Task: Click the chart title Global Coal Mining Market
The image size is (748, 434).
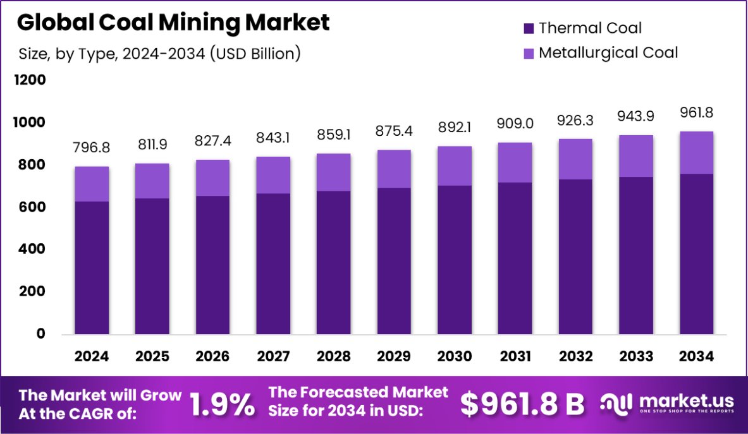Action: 173,23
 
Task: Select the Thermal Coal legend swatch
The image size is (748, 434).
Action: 529,28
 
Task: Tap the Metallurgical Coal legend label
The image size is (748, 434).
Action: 608,52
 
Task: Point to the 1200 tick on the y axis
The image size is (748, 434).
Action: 32,80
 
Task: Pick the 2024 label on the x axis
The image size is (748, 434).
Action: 92,356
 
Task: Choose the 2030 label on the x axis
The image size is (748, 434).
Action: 455,356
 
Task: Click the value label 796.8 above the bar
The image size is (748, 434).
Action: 92,147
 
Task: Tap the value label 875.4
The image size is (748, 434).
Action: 394,131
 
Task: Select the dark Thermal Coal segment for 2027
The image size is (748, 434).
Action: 273,263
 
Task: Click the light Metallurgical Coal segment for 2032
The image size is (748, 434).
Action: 575,159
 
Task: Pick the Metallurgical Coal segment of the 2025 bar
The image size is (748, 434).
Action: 152,181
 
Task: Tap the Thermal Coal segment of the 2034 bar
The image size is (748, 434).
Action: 697,254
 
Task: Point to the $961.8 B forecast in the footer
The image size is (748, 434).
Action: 522,404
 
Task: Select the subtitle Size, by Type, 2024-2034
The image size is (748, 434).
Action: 159,54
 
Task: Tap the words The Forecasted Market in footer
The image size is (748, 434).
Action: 359,393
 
